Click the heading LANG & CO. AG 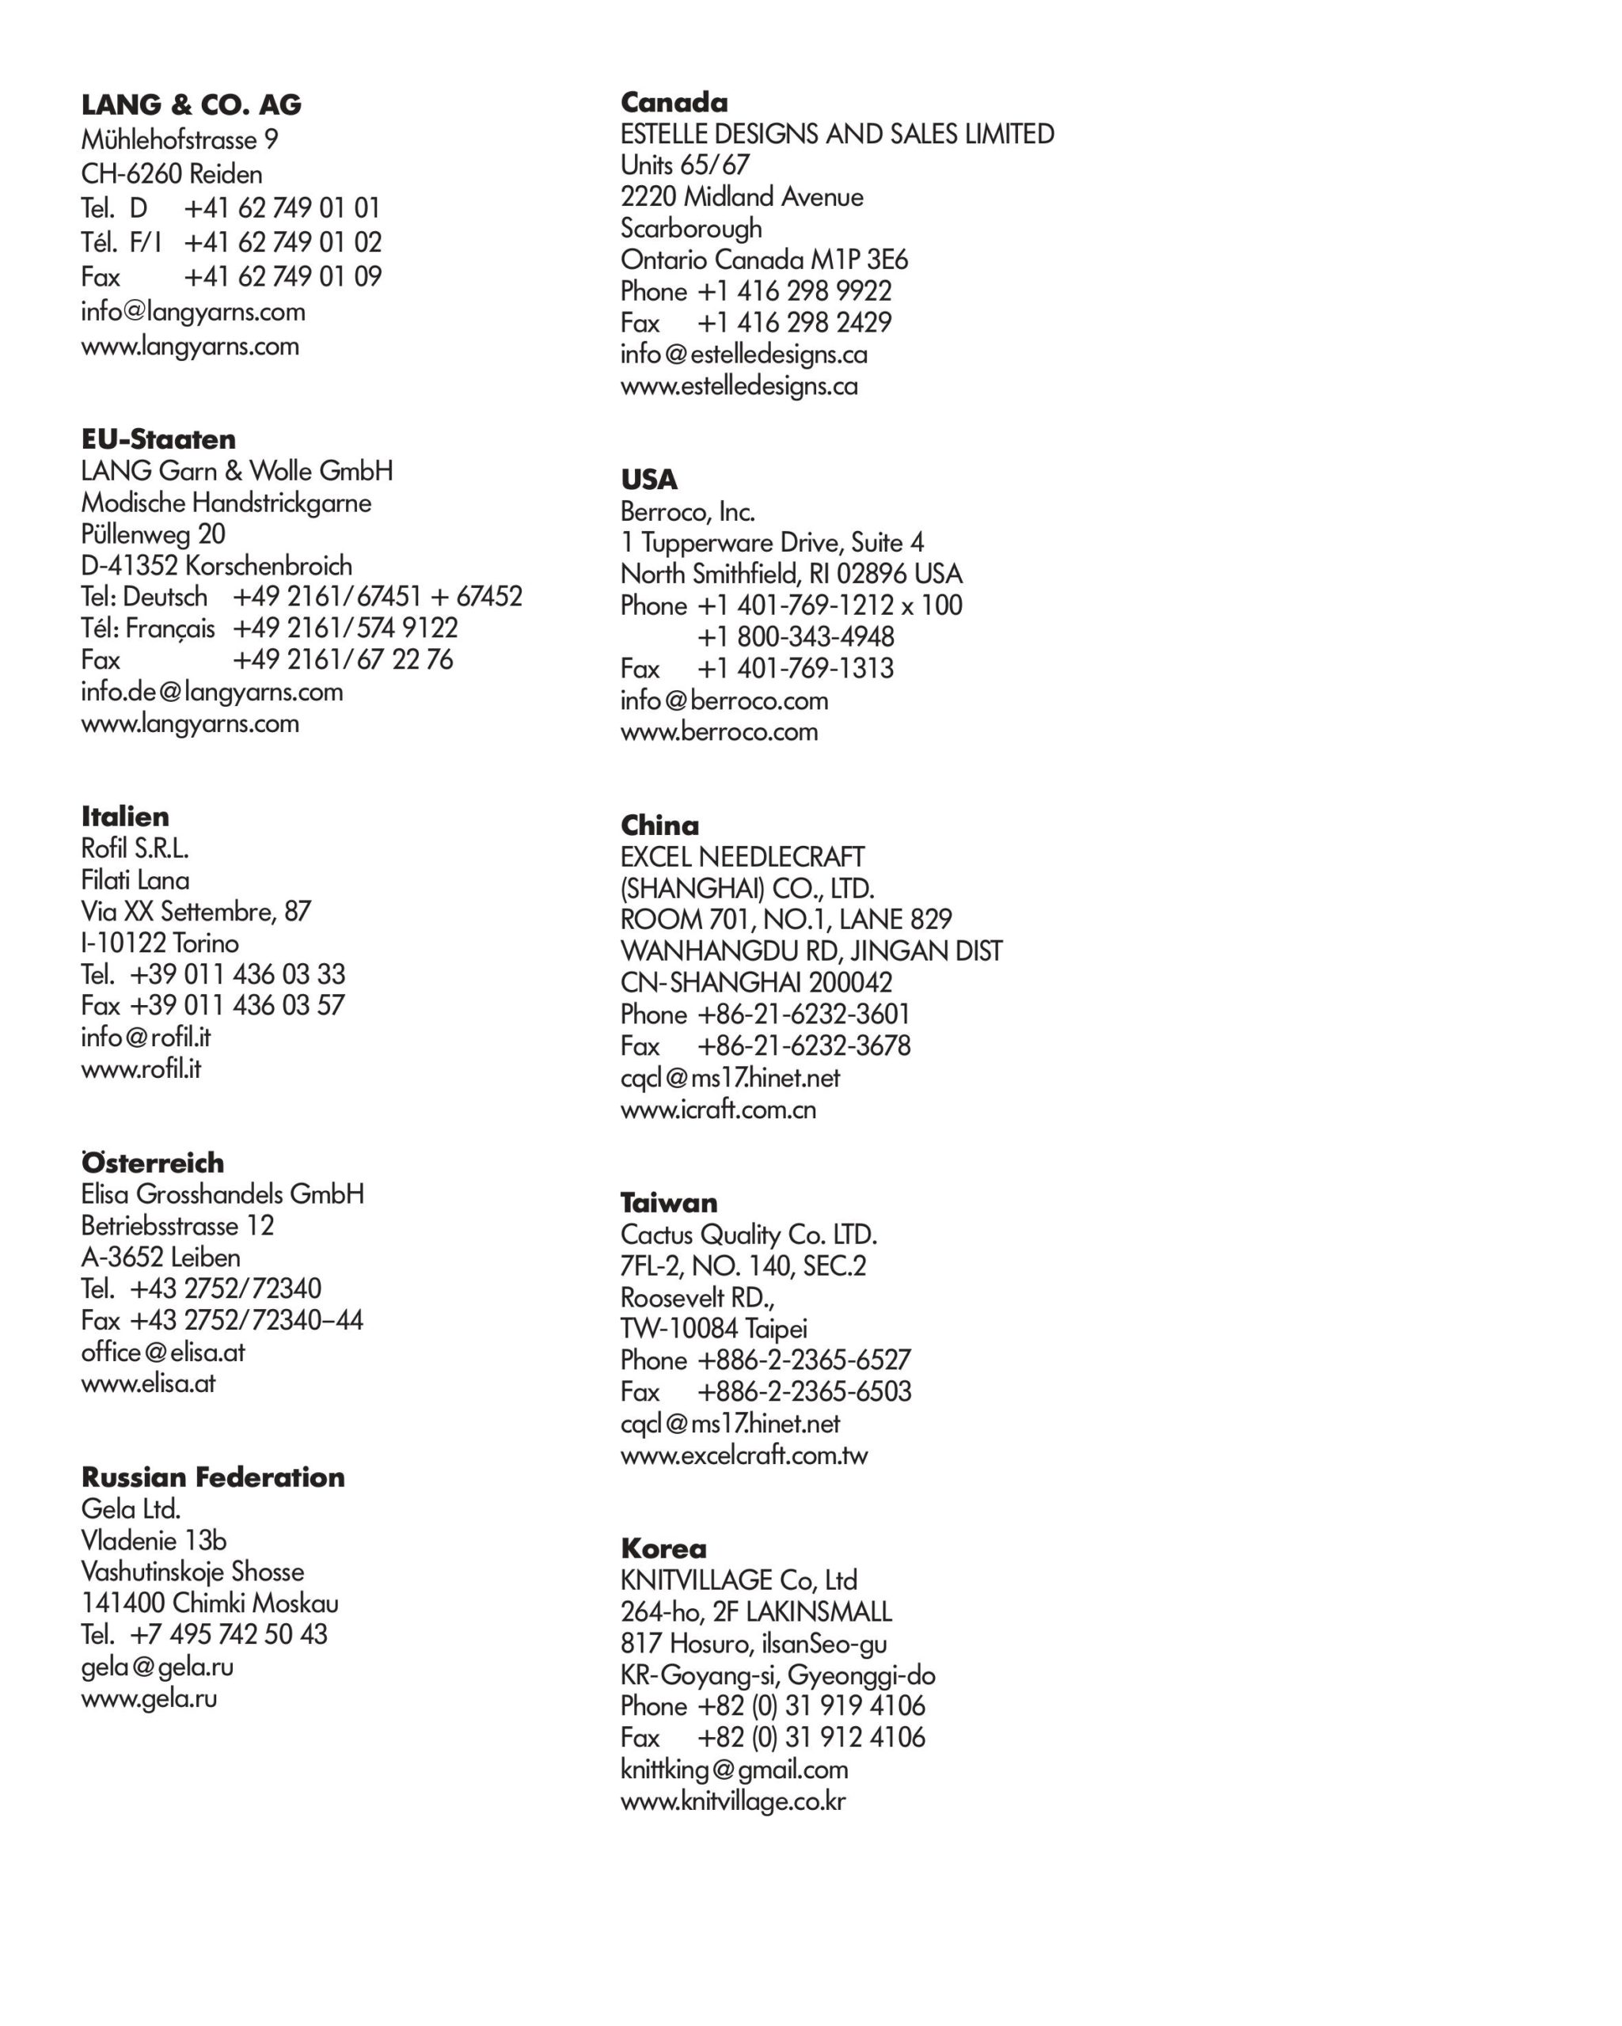point(191,104)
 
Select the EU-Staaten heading point(158,439)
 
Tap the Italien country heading point(125,816)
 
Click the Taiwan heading point(668,1202)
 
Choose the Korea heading point(663,1548)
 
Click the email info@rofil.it point(146,1037)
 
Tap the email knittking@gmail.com point(734,1769)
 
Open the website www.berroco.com point(719,731)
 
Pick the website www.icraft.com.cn point(718,1109)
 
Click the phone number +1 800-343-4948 point(795,636)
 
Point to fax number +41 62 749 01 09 point(282,276)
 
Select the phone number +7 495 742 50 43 point(228,1634)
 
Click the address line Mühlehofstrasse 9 point(180,140)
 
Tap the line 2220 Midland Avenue point(742,196)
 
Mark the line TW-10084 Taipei point(713,1328)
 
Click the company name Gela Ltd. point(131,1508)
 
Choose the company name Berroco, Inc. point(687,511)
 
